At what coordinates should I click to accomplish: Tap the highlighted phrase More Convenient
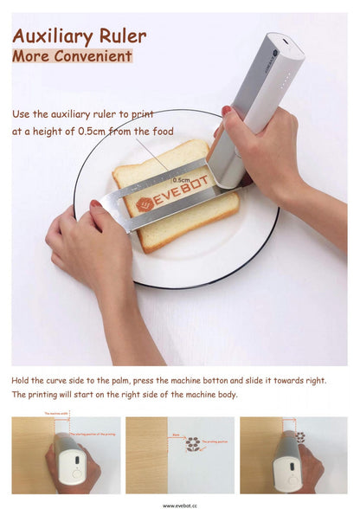[x=72, y=56]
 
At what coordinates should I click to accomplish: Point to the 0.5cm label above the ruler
[x=182, y=179]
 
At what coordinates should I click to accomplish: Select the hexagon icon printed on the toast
[x=146, y=204]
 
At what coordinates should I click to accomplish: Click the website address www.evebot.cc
[x=179, y=505]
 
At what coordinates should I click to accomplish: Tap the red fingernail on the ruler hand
[x=96, y=204]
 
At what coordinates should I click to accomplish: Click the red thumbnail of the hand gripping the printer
[x=227, y=111]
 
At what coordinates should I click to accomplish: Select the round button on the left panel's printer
[x=75, y=461]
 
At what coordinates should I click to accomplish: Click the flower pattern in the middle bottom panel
[x=192, y=443]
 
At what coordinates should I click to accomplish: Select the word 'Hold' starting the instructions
[x=21, y=380]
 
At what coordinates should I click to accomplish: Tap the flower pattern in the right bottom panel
[x=300, y=437]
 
